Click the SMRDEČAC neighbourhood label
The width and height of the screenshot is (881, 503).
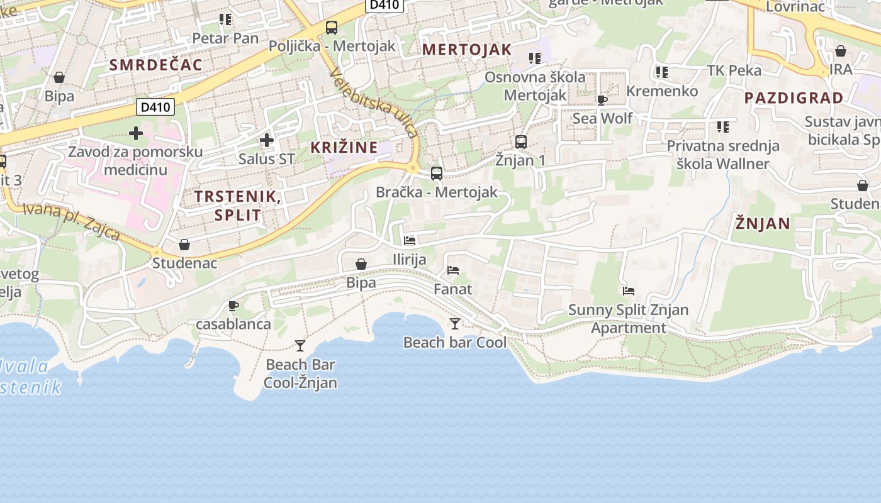click(x=156, y=64)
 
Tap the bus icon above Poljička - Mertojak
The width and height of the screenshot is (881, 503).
click(x=332, y=28)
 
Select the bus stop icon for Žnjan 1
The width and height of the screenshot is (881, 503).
click(x=521, y=142)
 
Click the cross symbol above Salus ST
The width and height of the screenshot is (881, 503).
click(x=267, y=140)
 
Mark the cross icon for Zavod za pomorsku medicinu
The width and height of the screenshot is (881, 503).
click(x=136, y=133)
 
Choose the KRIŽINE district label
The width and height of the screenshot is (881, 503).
click(x=344, y=148)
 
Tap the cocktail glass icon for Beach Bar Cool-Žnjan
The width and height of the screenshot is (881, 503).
click(x=300, y=345)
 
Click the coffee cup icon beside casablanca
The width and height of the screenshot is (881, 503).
click(x=233, y=306)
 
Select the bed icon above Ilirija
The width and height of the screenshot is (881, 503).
click(x=410, y=241)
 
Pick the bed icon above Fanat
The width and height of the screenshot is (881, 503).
click(x=453, y=270)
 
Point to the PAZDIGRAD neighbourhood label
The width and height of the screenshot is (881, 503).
click(x=794, y=97)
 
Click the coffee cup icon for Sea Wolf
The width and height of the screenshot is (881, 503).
click(x=602, y=100)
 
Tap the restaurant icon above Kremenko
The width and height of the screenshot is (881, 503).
click(x=661, y=72)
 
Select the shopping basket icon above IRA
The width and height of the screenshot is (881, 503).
click(x=841, y=51)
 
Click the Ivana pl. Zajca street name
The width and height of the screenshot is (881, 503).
click(x=71, y=221)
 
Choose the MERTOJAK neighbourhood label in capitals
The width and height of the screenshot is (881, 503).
click(x=466, y=50)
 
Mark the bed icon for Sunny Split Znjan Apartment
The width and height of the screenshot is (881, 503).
click(x=628, y=291)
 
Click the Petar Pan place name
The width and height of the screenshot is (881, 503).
click(x=225, y=38)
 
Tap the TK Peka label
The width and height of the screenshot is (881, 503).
click(x=734, y=70)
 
